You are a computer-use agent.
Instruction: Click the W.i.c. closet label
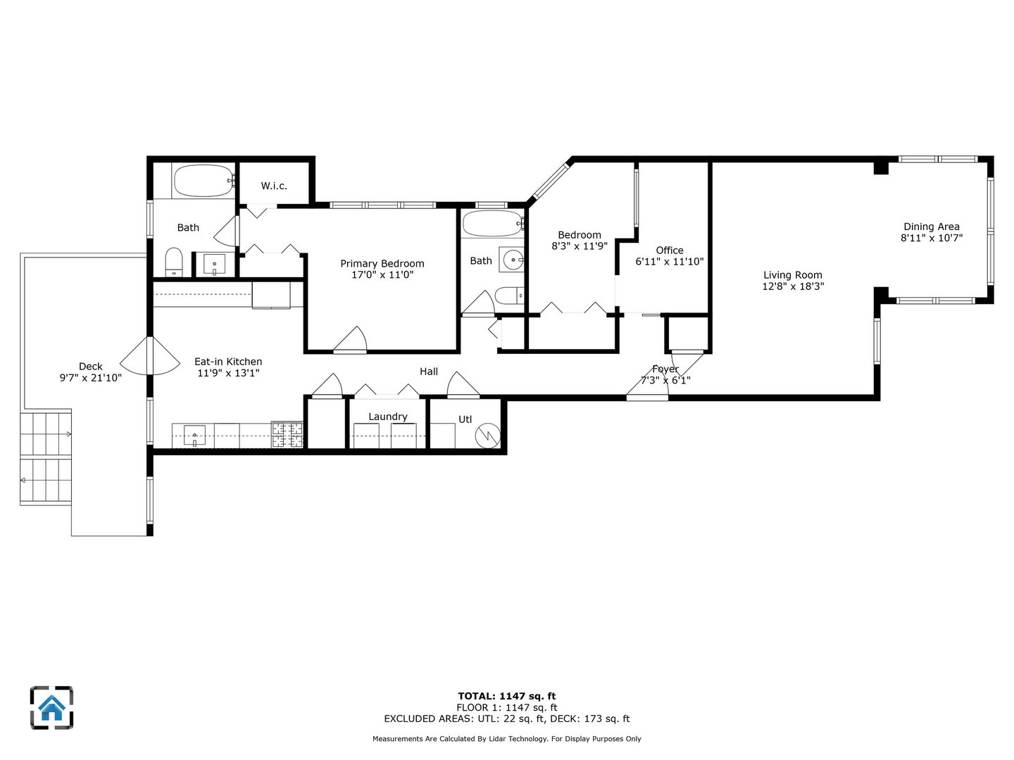point(274,186)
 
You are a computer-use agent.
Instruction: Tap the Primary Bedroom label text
point(382,263)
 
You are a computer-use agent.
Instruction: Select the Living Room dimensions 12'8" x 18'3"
point(793,286)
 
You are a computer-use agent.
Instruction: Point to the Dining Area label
point(931,227)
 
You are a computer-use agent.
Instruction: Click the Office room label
point(669,250)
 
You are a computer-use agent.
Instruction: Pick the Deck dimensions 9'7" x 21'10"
point(90,378)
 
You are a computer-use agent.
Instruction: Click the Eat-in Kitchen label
point(228,362)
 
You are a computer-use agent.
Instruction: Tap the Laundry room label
point(388,417)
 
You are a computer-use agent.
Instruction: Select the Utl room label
point(465,419)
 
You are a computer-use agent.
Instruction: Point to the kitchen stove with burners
point(287,434)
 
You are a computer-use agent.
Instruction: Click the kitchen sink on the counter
point(194,435)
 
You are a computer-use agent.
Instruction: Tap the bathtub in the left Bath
point(203,181)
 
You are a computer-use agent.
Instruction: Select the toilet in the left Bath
point(174,262)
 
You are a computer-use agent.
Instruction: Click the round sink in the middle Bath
point(512,260)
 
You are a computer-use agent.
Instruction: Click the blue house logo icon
point(51,707)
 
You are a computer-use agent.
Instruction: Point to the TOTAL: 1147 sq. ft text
point(506,696)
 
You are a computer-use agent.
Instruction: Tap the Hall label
point(429,372)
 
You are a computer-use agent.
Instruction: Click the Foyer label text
point(665,369)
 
